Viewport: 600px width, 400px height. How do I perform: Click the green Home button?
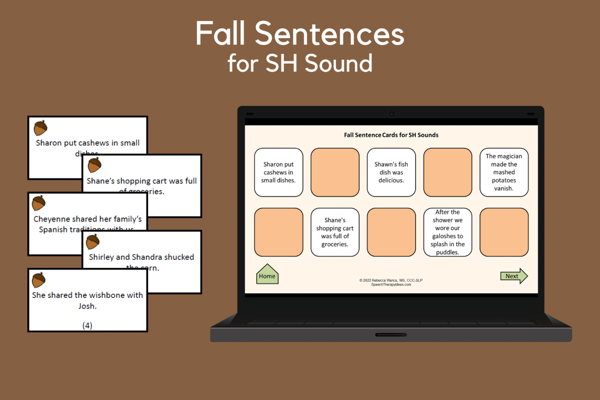pyautogui.click(x=267, y=275)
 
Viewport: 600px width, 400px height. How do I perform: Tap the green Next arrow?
pyautogui.click(x=513, y=276)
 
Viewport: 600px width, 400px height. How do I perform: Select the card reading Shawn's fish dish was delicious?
pyautogui.click(x=391, y=172)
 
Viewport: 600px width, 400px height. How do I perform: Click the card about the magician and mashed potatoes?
pyautogui.click(x=504, y=172)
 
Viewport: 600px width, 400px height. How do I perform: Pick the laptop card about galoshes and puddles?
pyautogui.click(x=447, y=232)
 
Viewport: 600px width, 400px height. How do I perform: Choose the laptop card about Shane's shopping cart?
pyautogui.click(x=335, y=232)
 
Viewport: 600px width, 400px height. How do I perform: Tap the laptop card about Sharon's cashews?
pyautogui.click(x=278, y=172)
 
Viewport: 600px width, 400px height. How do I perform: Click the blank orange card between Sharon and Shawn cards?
pyautogui.click(x=335, y=172)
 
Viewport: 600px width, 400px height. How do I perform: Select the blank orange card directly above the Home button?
pyautogui.click(x=278, y=232)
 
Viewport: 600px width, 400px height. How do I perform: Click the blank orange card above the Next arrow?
pyautogui.click(x=504, y=232)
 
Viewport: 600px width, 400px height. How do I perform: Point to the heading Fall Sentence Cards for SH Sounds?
pyautogui.click(x=391, y=135)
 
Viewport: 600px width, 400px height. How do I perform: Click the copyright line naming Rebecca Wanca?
pyautogui.click(x=391, y=280)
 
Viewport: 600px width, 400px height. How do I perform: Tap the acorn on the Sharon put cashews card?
pyautogui.click(x=40, y=128)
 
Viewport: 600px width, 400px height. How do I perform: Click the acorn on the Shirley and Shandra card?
pyautogui.click(x=93, y=242)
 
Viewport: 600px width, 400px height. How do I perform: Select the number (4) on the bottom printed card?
pyautogui.click(x=87, y=325)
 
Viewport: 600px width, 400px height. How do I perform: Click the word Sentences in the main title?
pyautogui.click(x=329, y=34)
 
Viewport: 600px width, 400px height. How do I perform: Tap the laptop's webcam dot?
pyautogui.click(x=391, y=114)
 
